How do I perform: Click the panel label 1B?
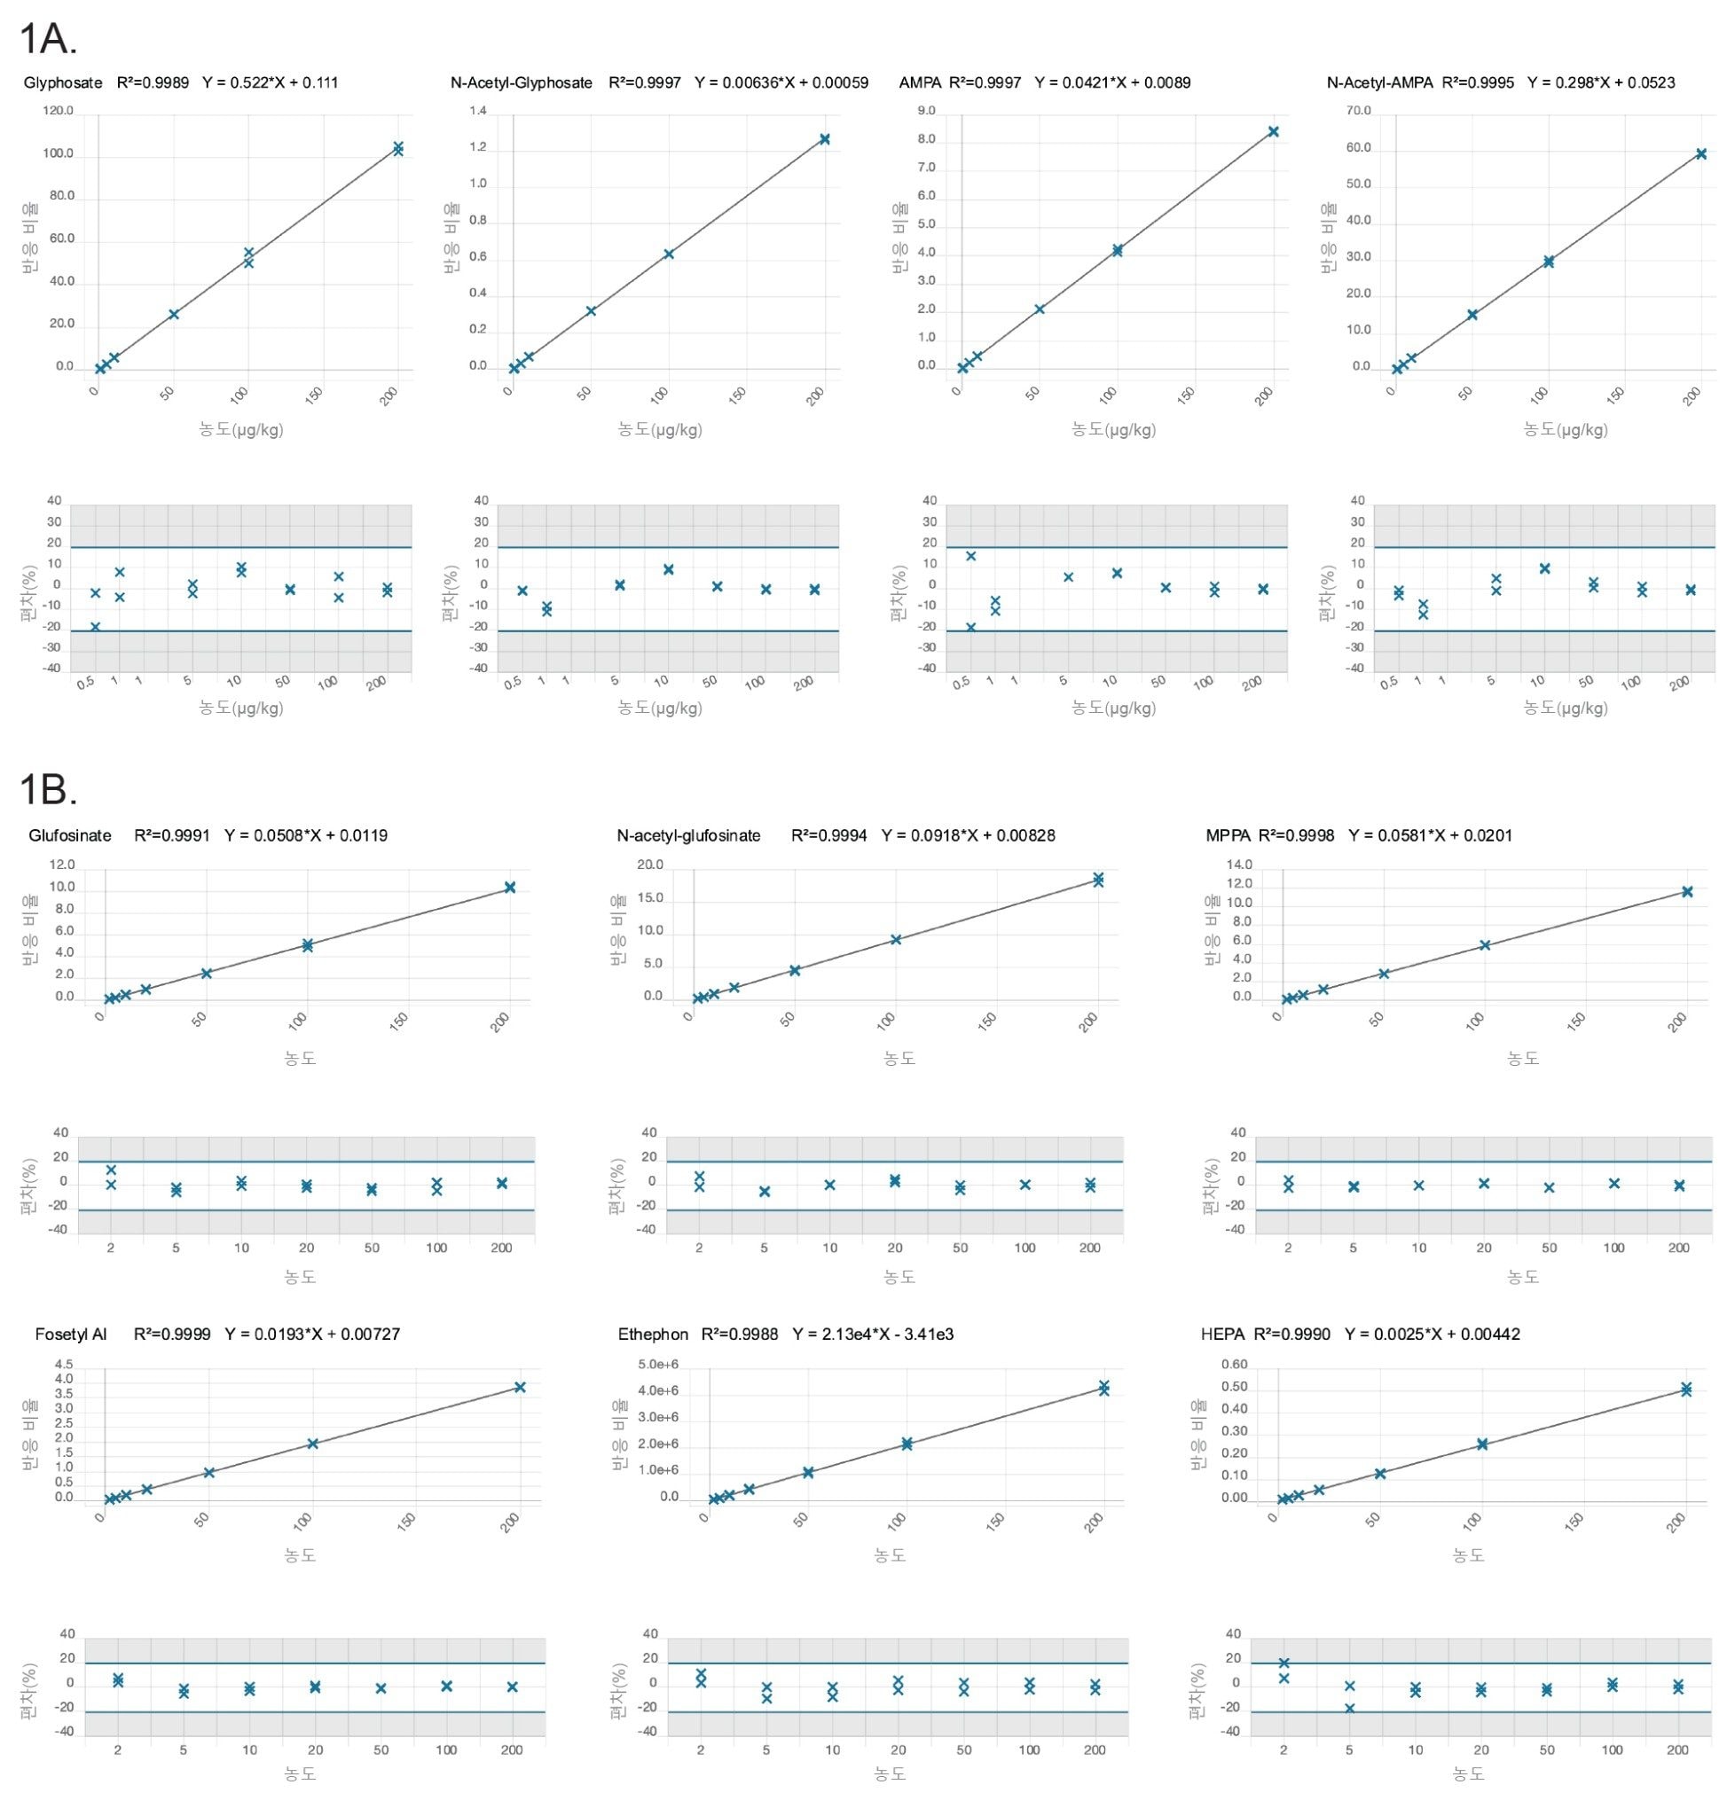pos(48,791)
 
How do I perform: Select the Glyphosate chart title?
pos(63,83)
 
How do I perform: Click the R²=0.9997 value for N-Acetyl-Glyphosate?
pos(645,83)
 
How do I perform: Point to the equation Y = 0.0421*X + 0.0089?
pos(1112,83)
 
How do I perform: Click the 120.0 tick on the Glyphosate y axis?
pos(59,111)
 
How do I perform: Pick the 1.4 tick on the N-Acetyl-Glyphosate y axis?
pos(477,111)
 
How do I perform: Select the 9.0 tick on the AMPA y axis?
pos(926,111)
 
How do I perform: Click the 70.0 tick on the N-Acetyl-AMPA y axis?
pos(1359,111)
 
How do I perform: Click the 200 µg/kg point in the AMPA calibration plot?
pos(1274,131)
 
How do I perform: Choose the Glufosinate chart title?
pos(70,836)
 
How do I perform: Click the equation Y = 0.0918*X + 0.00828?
pos(969,836)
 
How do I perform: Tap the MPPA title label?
pos(1228,836)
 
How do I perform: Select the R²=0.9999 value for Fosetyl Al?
pos(172,1335)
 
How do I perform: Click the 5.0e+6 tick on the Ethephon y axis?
pos(658,1365)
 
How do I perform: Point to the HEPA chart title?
pos(1221,1335)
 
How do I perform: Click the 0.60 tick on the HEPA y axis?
pos(1235,1365)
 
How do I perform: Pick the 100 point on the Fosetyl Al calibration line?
pos(312,1444)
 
